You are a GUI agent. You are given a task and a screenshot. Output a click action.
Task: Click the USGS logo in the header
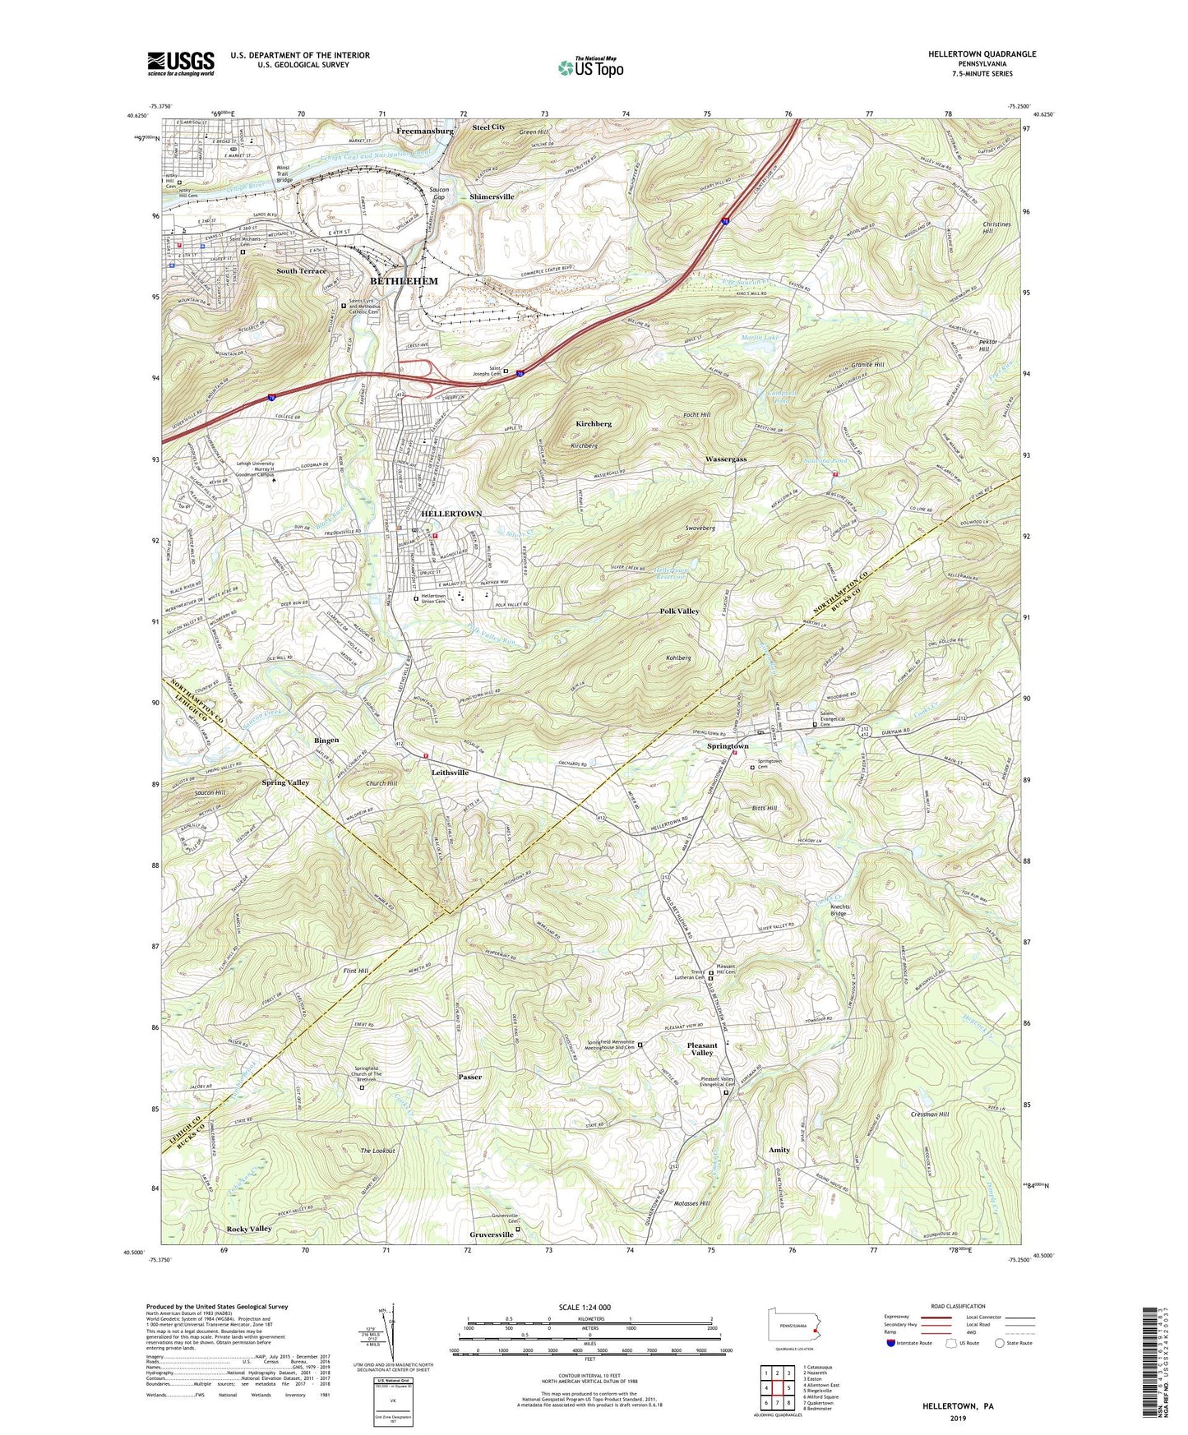[181, 63]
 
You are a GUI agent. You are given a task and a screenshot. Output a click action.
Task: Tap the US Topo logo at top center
[589, 67]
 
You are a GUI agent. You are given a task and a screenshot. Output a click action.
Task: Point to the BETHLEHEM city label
[404, 281]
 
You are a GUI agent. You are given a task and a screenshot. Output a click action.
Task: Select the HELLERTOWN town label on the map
[451, 514]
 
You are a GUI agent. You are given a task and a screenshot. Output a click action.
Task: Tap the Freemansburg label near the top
[424, 131]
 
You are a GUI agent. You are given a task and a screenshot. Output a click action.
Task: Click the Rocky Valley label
[248, 1229]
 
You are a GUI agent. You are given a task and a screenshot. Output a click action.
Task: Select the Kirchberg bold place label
[593, 424]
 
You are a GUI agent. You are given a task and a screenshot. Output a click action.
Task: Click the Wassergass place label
[726, 459]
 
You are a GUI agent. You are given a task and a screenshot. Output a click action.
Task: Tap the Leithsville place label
[450, 773]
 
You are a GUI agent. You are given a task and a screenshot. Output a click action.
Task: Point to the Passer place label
[470, 1077]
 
